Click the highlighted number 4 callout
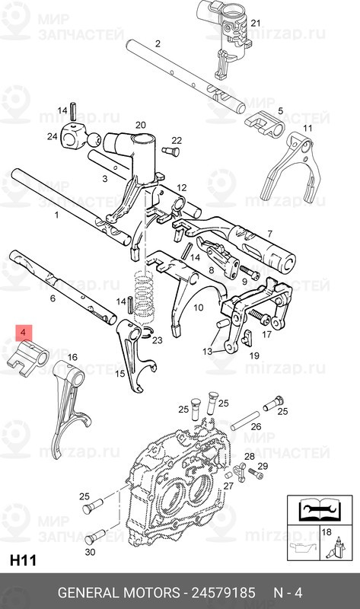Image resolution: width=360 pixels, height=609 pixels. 24,333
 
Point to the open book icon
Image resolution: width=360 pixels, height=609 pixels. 315,509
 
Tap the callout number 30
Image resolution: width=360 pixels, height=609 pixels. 90,551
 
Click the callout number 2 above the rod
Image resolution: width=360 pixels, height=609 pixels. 158,43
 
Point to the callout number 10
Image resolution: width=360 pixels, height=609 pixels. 198,308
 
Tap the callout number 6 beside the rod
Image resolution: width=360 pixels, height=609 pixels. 53,299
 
